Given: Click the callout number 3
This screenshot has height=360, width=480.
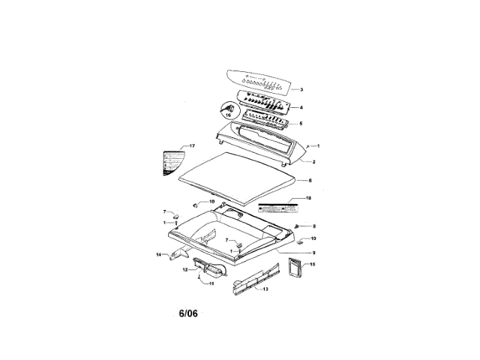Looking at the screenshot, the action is pyautogui.click(x=301, y=90).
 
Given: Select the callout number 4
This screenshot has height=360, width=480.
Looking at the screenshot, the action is pyautogui.click(x=301, y=108).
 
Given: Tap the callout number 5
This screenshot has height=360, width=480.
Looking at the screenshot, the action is pyautogui.click(x=301, y=124).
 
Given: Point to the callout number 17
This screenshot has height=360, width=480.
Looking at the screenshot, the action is pyautogui.click(x=191, y=146).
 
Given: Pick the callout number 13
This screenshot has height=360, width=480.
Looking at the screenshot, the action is pyautogui.click(x=265, y=288).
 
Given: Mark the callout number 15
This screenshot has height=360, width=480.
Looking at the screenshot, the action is pyautogui.click(x=313, y=265).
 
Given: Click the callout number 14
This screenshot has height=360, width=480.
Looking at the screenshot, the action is pyautogui.click(x=158, y=255).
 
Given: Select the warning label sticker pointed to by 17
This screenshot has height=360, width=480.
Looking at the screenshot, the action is pyautogui.click(x=172, y=162).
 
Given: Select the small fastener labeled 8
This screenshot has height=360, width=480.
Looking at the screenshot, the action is pyautogui.click(x=298, y=225).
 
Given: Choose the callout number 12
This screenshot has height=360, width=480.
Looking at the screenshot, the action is pyautogui.click(x=185, y=269).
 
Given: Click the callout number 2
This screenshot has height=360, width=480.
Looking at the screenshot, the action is pyautogui.click(x=313, y=162).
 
